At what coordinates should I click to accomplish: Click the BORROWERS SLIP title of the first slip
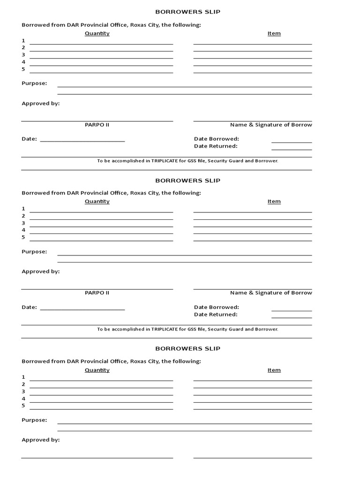click(x=187, y=12)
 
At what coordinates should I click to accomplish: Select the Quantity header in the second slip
click(x=97, y=202)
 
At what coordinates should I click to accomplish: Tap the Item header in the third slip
click(x=274, y=370)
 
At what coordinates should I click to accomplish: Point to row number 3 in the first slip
click(x=23, y=55)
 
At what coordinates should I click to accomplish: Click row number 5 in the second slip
click(x=23, y=237)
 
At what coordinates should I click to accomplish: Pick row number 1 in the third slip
click(x=23, y=377)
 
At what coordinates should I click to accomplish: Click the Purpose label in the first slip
click(x=34, y=83)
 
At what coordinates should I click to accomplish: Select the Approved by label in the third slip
click(x=41, y=440)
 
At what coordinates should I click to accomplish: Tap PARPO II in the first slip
click(x=97, y=125)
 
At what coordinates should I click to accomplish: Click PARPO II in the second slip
click(x=97, y=293)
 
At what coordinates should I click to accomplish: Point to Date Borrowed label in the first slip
click(x=217, y=139)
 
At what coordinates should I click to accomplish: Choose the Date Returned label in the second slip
click(x=216, y=315)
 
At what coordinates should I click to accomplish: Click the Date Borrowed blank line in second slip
click(x=292, y=310)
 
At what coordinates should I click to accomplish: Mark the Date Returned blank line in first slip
click(x=292, y=150)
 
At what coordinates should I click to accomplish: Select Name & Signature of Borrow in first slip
click(x=271, y=125)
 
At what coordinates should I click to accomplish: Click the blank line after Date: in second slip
click(x=82, y=309)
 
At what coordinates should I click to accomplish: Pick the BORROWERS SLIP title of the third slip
click(x=187, y=349)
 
